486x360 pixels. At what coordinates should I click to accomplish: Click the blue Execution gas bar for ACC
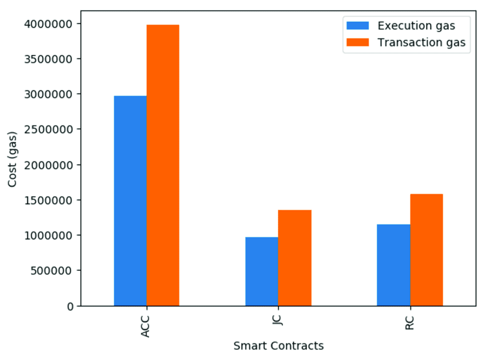(x=130, y=200)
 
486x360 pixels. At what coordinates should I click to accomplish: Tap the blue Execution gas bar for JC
(x=261, y=271)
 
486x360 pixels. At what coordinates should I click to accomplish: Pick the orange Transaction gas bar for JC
(x=294, y=258)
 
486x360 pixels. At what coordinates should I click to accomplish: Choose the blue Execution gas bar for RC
(x=393, y=265)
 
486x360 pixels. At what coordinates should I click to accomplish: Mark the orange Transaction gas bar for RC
(x=427, y=250)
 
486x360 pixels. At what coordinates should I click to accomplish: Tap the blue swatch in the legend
(x=357, y=25)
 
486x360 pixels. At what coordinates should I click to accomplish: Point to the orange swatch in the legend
(x=357, y=42)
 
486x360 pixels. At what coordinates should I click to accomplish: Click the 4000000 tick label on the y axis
(x=49, y=23)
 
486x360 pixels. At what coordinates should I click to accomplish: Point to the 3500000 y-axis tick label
(x=49, y=59)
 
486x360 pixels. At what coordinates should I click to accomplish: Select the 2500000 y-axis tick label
(x=49, y=129)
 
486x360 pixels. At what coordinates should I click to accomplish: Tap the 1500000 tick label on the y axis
(x=49, y=200)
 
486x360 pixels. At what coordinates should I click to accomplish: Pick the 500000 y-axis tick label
(x=53, y=271)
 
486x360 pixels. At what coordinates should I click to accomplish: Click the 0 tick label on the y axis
(x=70, y=306)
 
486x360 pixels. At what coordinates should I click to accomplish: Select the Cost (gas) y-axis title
(x=13, y=159)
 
